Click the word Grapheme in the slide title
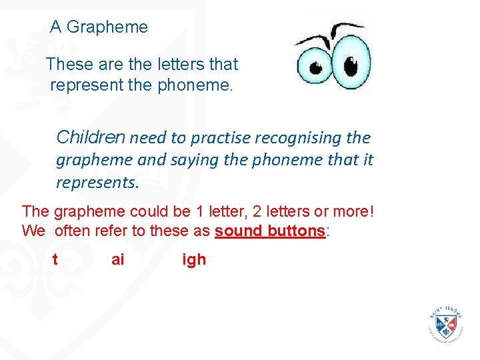click(x=107, y=27)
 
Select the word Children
click(x=91, y=137)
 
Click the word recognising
click(x=299, y=138)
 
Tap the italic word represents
click(x=97, y=182)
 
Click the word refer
click(x=117, y=231)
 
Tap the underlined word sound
click(x=239, y=231)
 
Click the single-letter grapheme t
click(x=55, y=259)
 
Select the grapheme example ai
click(x=118, y=259)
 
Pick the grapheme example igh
click(x=194, y=259)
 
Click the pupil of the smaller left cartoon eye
click(x=316, y=68)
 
